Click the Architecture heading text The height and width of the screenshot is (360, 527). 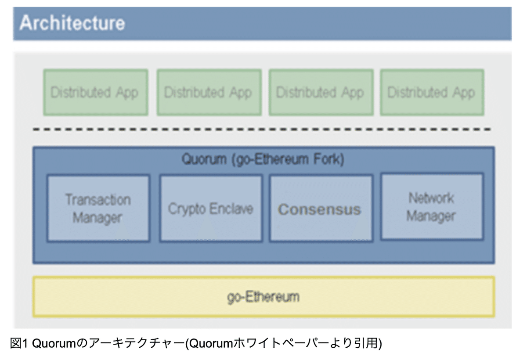(72, 23)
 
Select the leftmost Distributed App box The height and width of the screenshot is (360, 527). (95, 93)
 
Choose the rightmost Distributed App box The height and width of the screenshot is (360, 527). (432, 93)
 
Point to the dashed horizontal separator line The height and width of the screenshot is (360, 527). (263, 130)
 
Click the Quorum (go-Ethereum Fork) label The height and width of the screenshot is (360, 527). (263, 159)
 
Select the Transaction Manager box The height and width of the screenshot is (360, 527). (98, 208)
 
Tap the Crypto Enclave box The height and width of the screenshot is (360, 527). (211, 208)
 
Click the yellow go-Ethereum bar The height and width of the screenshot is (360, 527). (263, 296)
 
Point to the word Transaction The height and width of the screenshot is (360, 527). (98, 200)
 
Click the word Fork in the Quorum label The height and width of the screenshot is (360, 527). (331, 159)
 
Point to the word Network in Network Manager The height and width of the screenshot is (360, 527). (431, 198)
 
